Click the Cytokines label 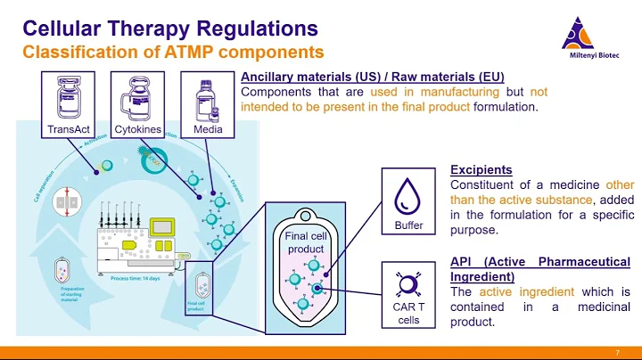coord(139,129)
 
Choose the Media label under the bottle coord(208,129)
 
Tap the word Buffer coord(408,225)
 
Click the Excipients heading coord(481,169)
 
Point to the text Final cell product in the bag coord(306,242)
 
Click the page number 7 coord(617,353)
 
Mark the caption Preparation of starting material coord(72,294)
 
